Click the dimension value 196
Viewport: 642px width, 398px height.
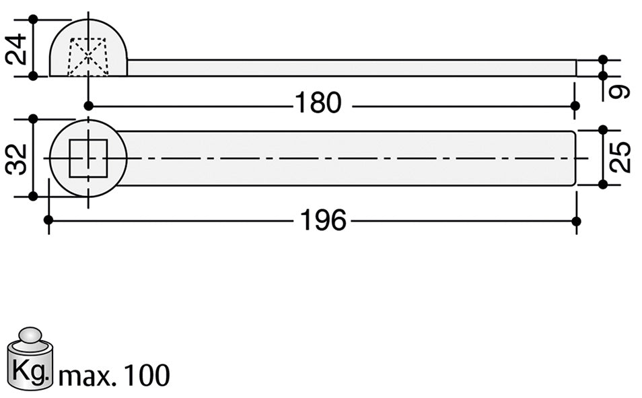tap(323, 220)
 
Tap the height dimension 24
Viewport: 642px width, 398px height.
tap(17, 48)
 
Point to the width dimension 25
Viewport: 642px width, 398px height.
tap(622, 157)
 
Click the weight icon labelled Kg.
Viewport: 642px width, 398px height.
tap(30, 362)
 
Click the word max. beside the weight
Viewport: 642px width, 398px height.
tap(85, 376)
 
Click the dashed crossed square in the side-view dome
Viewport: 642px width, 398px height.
tap(88, 57)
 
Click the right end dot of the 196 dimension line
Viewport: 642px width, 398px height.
tap(575, 221)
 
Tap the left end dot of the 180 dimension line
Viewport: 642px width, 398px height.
tap(89, 105)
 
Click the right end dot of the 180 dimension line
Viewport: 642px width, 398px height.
tap(575, 106)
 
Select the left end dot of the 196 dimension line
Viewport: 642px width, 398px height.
tap(48, 220)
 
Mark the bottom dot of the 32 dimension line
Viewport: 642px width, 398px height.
tap(33, 197)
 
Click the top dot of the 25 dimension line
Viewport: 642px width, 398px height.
tap(603, 129)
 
